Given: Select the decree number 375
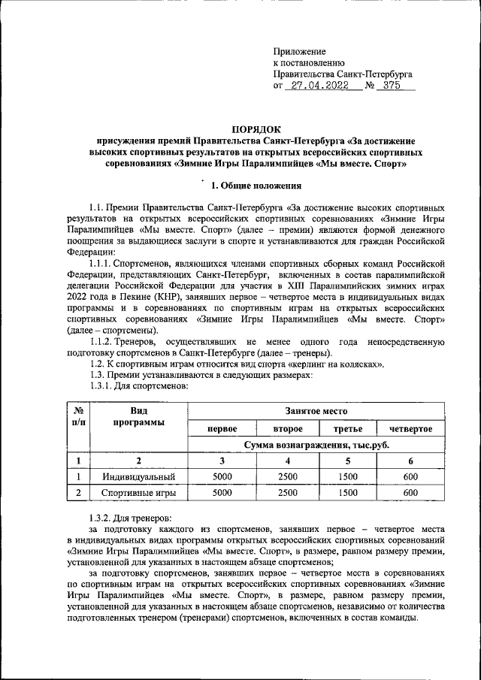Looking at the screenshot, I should [x=392, y=86].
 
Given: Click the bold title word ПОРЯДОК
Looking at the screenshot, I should [x=256, y=128].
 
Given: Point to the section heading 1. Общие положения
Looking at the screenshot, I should [x=256, y=185].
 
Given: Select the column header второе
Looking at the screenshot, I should [x=287, y=428].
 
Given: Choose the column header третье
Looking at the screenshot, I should [x=347, y=428].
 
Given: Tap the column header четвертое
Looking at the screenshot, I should [x=410, y=428].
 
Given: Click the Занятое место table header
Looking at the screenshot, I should [x=316, y=412].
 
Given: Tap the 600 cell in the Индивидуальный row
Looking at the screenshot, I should [x=410, y=476].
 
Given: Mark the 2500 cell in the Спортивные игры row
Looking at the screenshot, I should [x=287, y=493].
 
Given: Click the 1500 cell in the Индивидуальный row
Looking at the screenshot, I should [x=347, y=476].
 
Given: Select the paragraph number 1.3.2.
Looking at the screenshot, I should [x=103, y=518].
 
